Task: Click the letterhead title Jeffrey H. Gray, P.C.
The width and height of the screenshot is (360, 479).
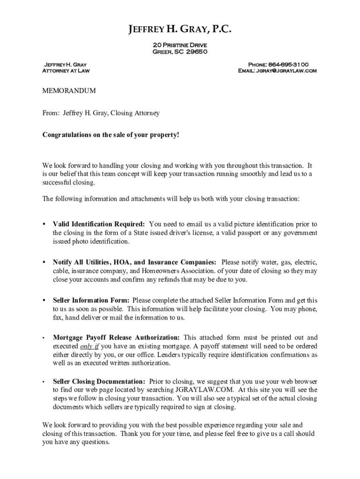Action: pyautogui.click(x=180, y=31)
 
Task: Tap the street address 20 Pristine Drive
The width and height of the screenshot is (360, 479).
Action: pyautogui.click(x=180, y=44)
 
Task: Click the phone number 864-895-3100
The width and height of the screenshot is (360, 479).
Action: pyautogui.click(x=288, y=64)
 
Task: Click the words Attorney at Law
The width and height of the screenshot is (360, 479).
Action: pyautogui.click(x=66, y=71)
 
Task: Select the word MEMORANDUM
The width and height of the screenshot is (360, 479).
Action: pyautogui.click(x=69, y=90)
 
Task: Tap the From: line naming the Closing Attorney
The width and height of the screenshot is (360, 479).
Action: pyautogui.click(x=101, y=113)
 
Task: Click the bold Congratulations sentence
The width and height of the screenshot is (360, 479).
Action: pyautogui.click(x=111, y=135)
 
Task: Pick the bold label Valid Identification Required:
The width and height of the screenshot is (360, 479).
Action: pyautogui.click(x=99, y=224)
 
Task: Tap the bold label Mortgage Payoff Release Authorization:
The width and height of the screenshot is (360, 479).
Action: pyautogui.click(x=116, y=337)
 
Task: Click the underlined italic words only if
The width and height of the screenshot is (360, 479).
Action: pyautogui.click(x=90, y=346)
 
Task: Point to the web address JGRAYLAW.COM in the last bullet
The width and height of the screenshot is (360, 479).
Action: pyautogui.click(x=208, y=389)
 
